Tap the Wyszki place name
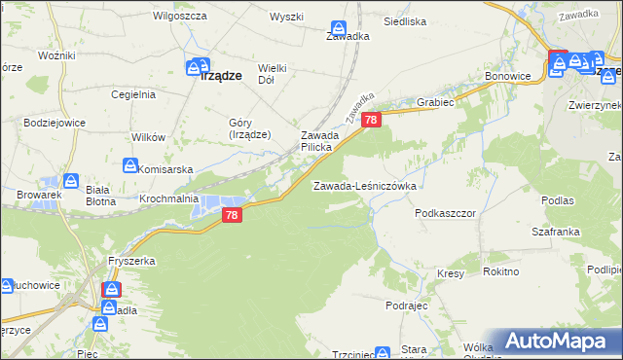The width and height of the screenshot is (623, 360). point(287,17)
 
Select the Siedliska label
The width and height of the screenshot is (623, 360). point(405,20)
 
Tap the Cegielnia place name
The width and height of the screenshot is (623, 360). point(133,94)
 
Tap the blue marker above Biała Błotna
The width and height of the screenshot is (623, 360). point(71,180)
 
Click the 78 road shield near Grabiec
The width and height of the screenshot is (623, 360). point(370,119)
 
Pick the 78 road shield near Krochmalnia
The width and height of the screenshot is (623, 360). point(231,215)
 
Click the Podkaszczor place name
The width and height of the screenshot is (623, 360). point(445,212)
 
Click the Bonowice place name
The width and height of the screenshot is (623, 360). point(506,76)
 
